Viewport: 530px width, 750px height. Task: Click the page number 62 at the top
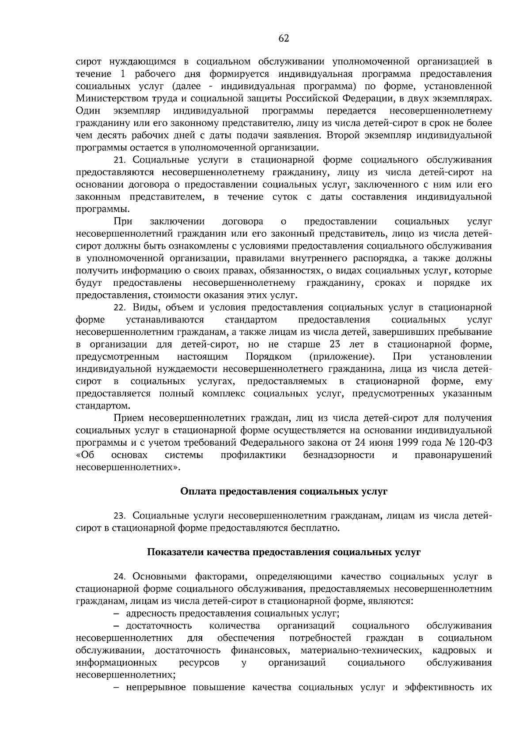coord(284,39)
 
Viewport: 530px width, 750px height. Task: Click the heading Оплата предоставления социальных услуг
coord(284,491)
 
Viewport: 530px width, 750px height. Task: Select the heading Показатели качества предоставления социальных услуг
coord(284,552)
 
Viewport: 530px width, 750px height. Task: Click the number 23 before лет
coord(338,344)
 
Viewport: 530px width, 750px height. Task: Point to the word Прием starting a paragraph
coord(128,418)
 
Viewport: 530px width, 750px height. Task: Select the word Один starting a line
coord(88,110)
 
